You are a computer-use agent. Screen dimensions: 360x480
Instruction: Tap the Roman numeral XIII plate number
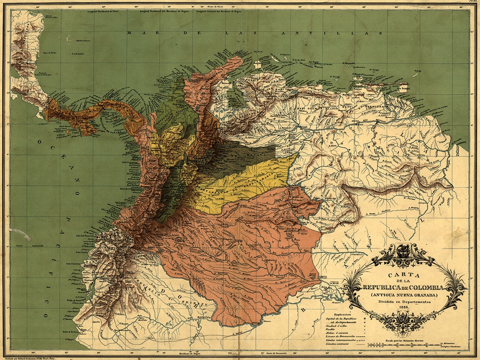472,2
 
